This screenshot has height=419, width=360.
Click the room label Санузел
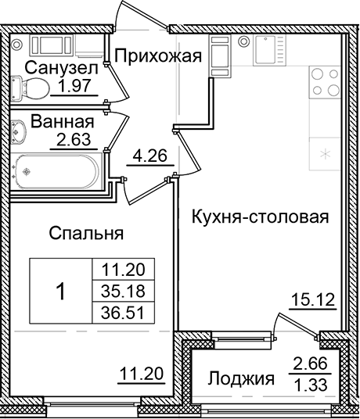(60, 69)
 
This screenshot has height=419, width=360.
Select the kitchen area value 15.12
(311, 300)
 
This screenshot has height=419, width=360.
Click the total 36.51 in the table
(124, 312)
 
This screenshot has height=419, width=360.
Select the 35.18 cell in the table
(124, 292)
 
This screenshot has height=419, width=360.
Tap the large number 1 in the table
(60, 292)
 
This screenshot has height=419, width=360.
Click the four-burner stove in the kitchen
(323, 81)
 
